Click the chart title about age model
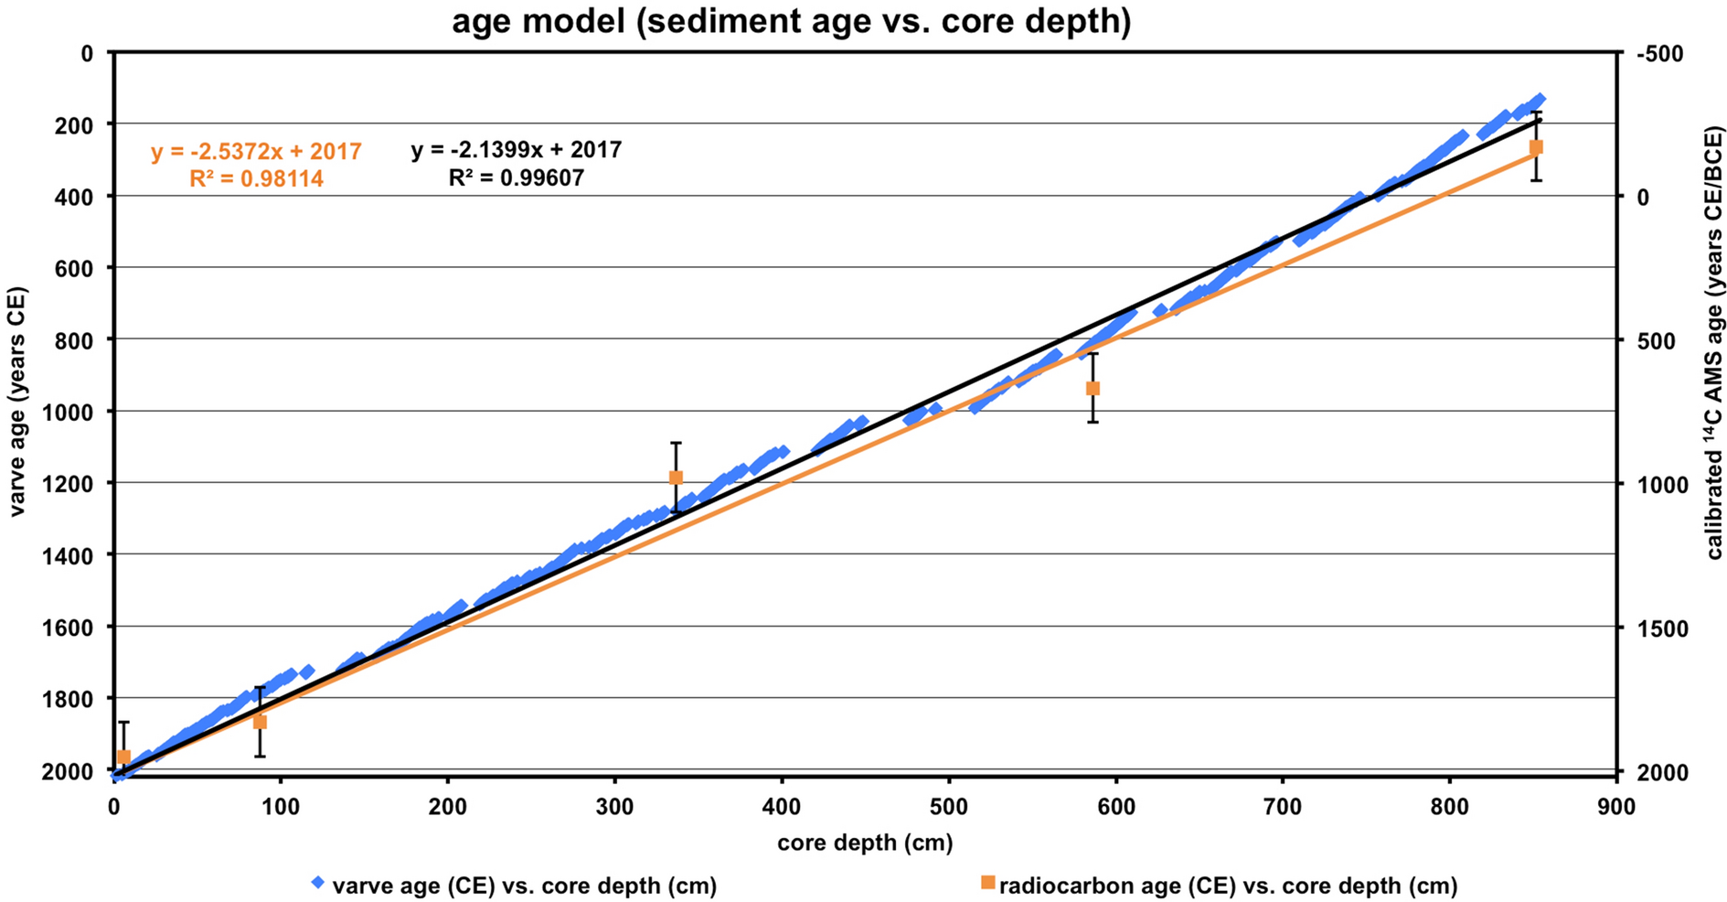point(791,20)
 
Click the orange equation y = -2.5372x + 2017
point(257,152)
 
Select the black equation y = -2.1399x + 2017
point(517,150)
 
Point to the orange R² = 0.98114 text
point(257,179)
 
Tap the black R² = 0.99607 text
point(517,177)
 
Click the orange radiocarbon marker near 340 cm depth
point(676,478)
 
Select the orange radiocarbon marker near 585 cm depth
point(1093,388)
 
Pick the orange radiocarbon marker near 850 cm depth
point(1536,147)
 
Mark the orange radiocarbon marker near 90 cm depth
point(260,722)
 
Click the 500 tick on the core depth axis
point(949,808)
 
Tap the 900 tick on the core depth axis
point(1616,808)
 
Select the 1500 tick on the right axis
point(1656,628)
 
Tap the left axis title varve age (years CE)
point(16,403)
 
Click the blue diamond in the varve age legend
point(318,884)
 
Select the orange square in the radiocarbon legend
point(987,883)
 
